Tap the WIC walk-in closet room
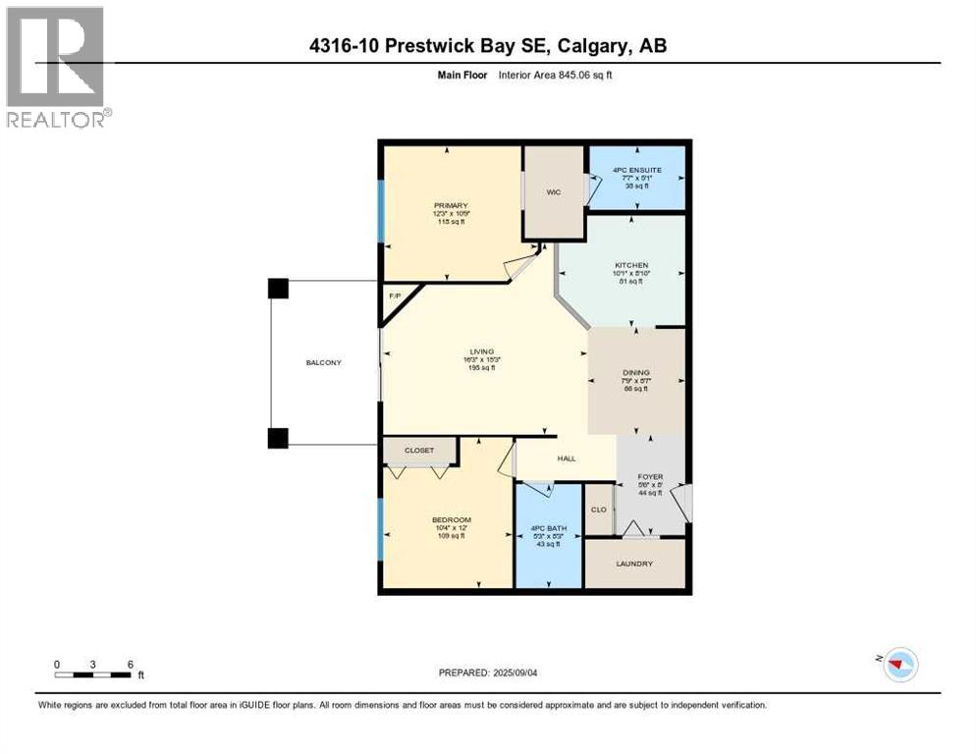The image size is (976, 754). (x=554, y=191)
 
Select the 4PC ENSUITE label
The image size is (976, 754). (x=636, y=170)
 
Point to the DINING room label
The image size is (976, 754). (x=636, y=372)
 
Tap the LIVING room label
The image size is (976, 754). (x=481, y=351)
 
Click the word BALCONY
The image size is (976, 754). (x=323, y=363)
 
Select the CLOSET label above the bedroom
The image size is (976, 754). (x=419, y=451)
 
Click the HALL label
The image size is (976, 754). (x=567, y=458)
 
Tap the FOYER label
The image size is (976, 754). (x=651, y=477)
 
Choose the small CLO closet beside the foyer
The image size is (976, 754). (x=598, y=510)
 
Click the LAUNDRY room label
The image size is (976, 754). (x=634, y=564)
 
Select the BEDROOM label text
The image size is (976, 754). (x=452, y=520)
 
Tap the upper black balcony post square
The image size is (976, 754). (x=278, y=288)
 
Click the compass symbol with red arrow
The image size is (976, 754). (x=899, y=664)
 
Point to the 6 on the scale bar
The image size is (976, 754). (x=130, y=664)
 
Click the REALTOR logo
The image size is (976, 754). (x=56, y=66)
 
